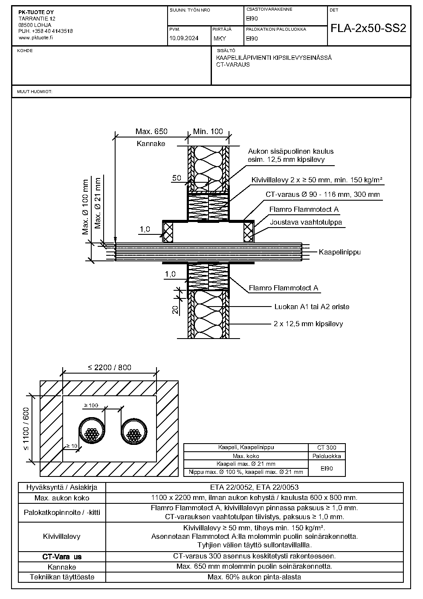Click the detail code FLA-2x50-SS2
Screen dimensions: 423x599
click(x=368, y=28)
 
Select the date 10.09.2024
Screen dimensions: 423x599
click(x=184, y=38)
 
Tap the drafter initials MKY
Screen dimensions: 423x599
click(x=220, y=38)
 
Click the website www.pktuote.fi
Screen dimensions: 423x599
click(x=35, y=38)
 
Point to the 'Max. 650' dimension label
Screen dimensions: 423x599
click(x=151, y=131)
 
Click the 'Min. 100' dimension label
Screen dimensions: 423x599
click(x=208, y=131)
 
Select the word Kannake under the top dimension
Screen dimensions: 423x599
click(x=151, y=143)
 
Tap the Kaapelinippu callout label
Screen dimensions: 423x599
click(x=340, y=252)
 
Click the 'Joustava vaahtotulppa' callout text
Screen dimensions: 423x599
click(x=306, y=222)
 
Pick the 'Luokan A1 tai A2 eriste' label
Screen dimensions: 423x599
click(x=312, y=307)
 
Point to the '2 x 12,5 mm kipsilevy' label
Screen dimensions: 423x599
click(x=308, y=324)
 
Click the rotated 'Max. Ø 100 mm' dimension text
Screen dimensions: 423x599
click(x=85, y=207)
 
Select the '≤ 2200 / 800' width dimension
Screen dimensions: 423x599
click(x=110, y=368)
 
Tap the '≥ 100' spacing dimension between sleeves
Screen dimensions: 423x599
click(x=91, y=406)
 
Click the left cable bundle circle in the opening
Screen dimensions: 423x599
click(x=92, y=431)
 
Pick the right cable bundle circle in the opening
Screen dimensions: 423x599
click(x=134, y=431)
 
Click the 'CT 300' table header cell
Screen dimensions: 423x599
click(x=327, y=447)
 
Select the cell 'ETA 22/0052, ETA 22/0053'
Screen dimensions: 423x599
click(x=254, y=488)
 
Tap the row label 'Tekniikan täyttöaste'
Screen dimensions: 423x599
click(x=62, y=577)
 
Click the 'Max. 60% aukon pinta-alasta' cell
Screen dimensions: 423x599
click(x=254, y=577)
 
